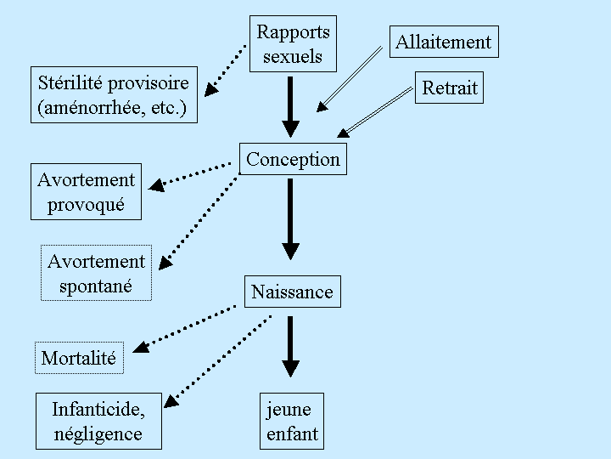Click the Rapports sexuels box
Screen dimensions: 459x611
(x=293, y=44)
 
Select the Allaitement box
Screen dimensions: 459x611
(x=444, y=42)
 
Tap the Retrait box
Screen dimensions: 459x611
(x=450, y=88)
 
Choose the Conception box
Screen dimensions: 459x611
(x=293, y=159)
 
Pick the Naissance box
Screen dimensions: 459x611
(x=292, y=292)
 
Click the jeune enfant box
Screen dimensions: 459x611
(x=292, y=422)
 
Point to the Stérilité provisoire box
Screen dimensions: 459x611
(x=113, y=96)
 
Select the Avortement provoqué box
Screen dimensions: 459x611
(x=86, y=192)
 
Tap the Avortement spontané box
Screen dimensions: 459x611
(x=96, y=273)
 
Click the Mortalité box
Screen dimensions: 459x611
(x=79, y=358)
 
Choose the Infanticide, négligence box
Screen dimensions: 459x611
(x=98, y=422)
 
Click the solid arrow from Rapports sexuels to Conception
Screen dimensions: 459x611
(x=291, y=105)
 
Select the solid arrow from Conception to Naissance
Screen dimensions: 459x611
(x=291, y=218)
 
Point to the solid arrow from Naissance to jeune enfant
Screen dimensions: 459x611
(x=291, y=346)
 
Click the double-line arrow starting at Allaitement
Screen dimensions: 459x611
(x=350, y=78)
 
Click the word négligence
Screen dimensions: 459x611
(x=98, y=435)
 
